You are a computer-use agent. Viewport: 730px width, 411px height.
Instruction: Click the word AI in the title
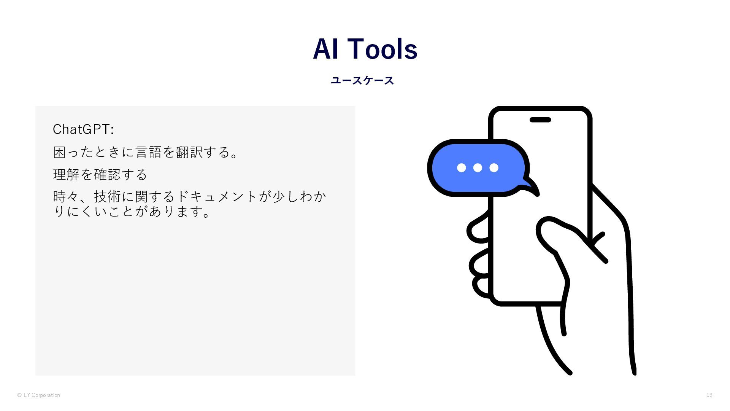click(326, 49)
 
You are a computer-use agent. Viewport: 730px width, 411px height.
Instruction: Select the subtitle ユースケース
click(362, 81)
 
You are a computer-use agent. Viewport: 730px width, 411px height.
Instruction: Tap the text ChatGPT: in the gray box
click(83, 129)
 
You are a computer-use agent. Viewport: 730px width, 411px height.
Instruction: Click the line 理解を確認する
click(100, 175)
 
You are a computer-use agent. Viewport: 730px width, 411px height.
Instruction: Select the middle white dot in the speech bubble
click(478, 167)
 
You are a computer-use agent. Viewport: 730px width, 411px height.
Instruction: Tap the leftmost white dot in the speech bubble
click(461, 167)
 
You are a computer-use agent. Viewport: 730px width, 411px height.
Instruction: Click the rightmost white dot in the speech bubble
click(494, 167)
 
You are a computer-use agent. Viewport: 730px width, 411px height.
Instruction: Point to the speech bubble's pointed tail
click(532, 187)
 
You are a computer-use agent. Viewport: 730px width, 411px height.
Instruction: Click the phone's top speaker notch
click(540, 120)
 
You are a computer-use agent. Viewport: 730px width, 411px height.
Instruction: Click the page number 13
click(709, 395)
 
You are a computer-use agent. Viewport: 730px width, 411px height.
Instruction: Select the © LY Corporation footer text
click(38, 395)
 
